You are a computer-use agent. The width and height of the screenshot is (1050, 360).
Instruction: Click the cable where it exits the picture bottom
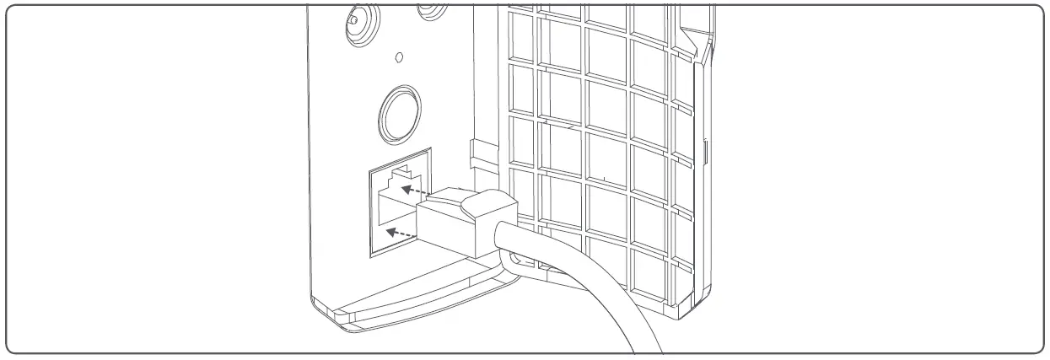click(x=646, y=347)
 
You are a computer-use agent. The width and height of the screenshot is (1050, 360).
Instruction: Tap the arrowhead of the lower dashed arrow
click(x=389, y=228)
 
